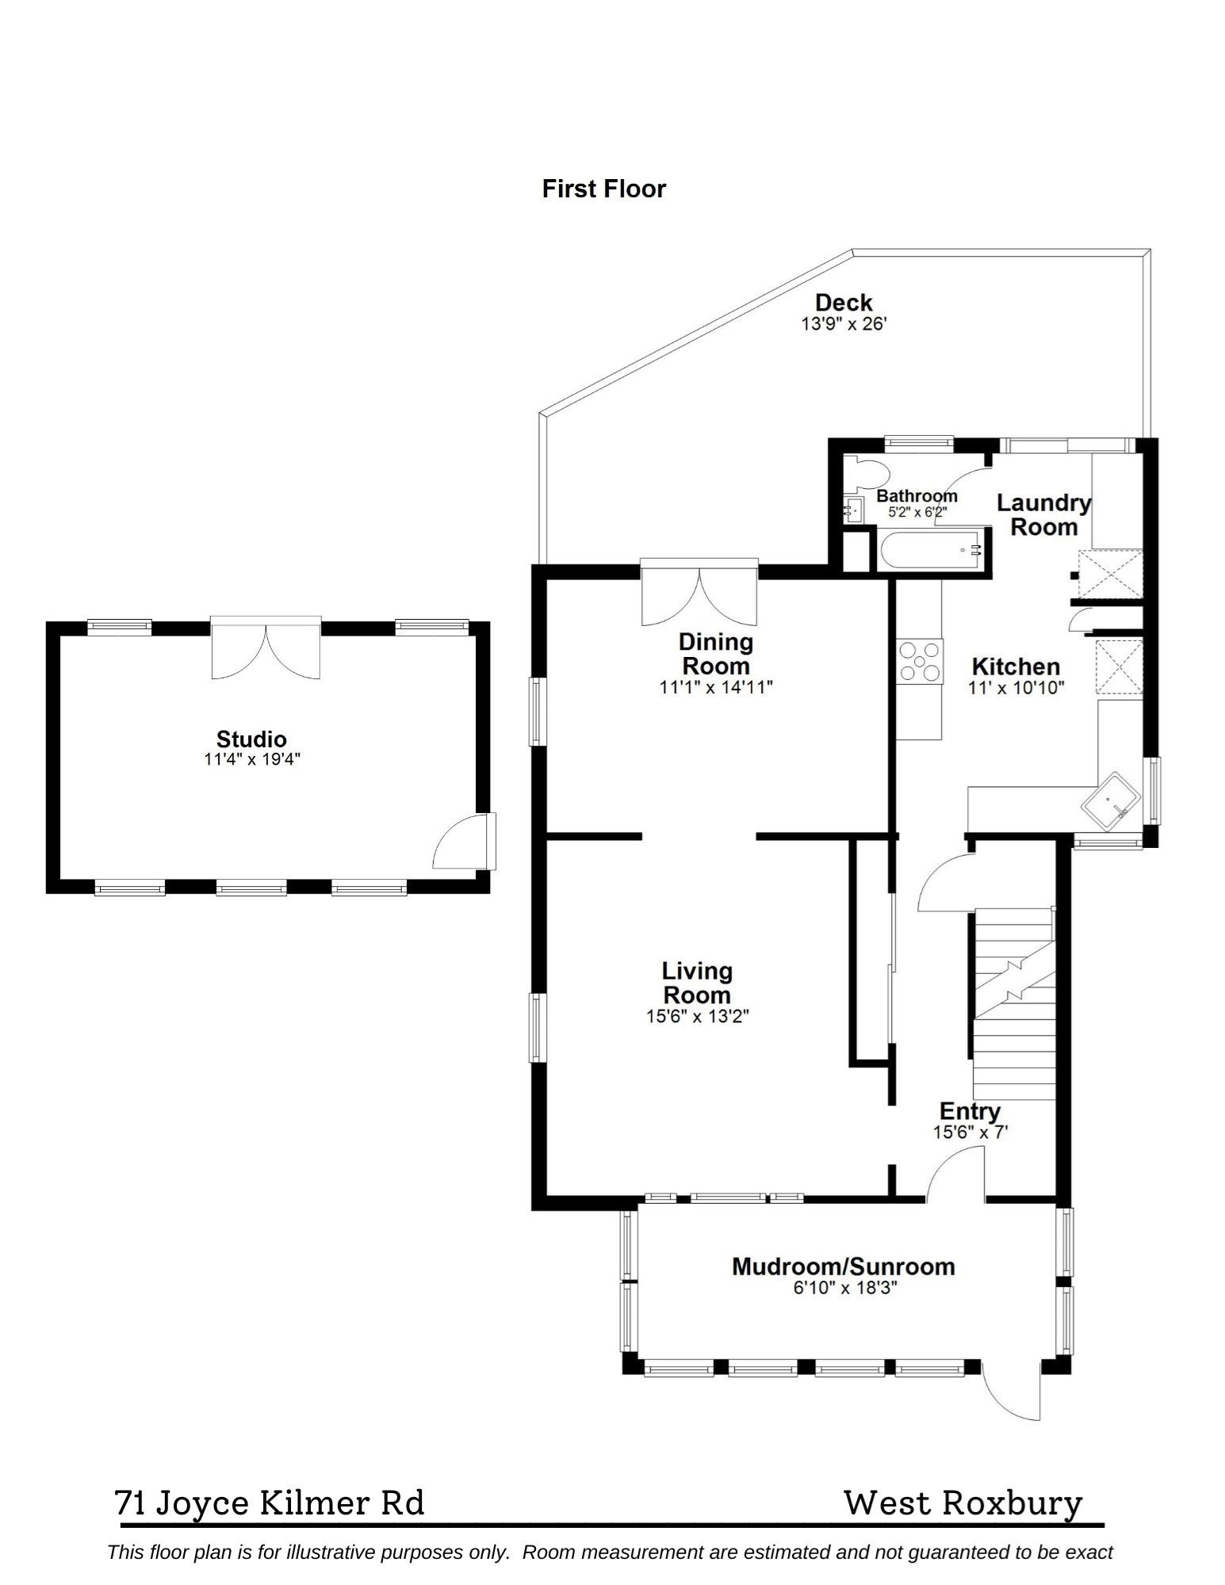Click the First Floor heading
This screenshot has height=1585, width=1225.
pyautogui.click(x=603, y=189)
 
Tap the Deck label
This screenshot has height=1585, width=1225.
pyautogui.click(x=843, y=303)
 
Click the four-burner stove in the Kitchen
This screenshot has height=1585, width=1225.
pyautogui.click(x=920, y=661)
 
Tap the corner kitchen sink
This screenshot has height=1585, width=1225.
pyautogui.click(x=1112, y=800)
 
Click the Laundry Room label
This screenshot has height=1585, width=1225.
pyautogui.click(x=1043, y=514)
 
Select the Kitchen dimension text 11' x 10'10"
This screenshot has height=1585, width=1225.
pyautogui.click(x=1016, y=688)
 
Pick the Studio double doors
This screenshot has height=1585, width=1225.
pyautogui.click(x=266, y=650)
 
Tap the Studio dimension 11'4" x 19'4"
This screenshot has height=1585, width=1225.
pyautogui.click(x=252, y=759)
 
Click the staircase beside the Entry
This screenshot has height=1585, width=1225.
pyautogui.click(x=1014, y=1003)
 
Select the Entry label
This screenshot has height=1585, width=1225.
pyautogui.click(x=970, y=1111)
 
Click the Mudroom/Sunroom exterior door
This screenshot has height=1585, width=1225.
pyautogui.click(x=1010, y=1392)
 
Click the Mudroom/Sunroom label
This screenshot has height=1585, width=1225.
pyautogui.click(x=843, y=1266)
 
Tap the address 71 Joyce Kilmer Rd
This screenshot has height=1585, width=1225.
pyautogui.click(x=270, y=1503)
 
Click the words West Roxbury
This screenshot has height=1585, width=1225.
pyautogui.click(x=963, y=1503)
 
